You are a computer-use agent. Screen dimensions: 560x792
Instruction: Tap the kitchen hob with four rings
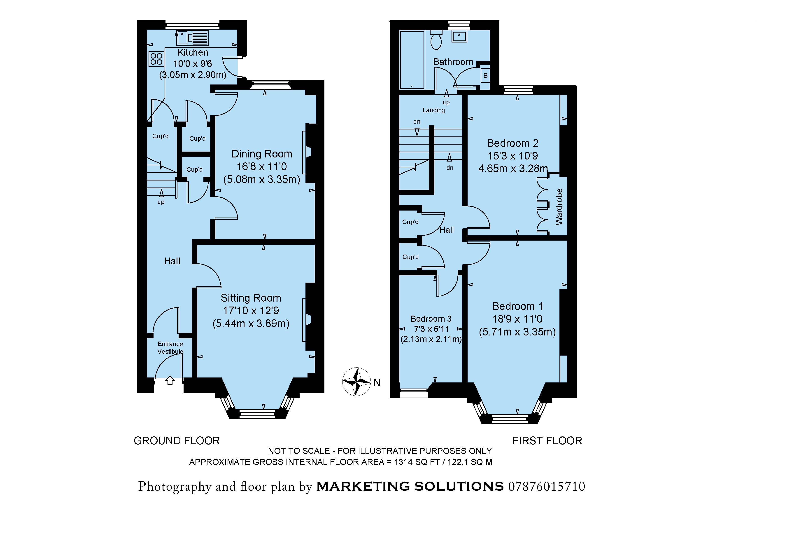156,59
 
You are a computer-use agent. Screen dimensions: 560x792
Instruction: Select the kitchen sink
182,38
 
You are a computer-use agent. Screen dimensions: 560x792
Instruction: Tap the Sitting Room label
251,298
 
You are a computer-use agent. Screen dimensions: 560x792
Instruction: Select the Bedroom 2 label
512,143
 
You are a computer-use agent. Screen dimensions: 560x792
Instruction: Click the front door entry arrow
170,380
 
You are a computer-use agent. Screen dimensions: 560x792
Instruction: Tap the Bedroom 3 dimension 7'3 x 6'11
431,329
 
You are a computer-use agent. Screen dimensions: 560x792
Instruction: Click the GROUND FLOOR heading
177,441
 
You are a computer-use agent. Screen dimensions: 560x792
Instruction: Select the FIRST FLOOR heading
547,441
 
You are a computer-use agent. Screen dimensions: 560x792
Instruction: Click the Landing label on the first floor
434,110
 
